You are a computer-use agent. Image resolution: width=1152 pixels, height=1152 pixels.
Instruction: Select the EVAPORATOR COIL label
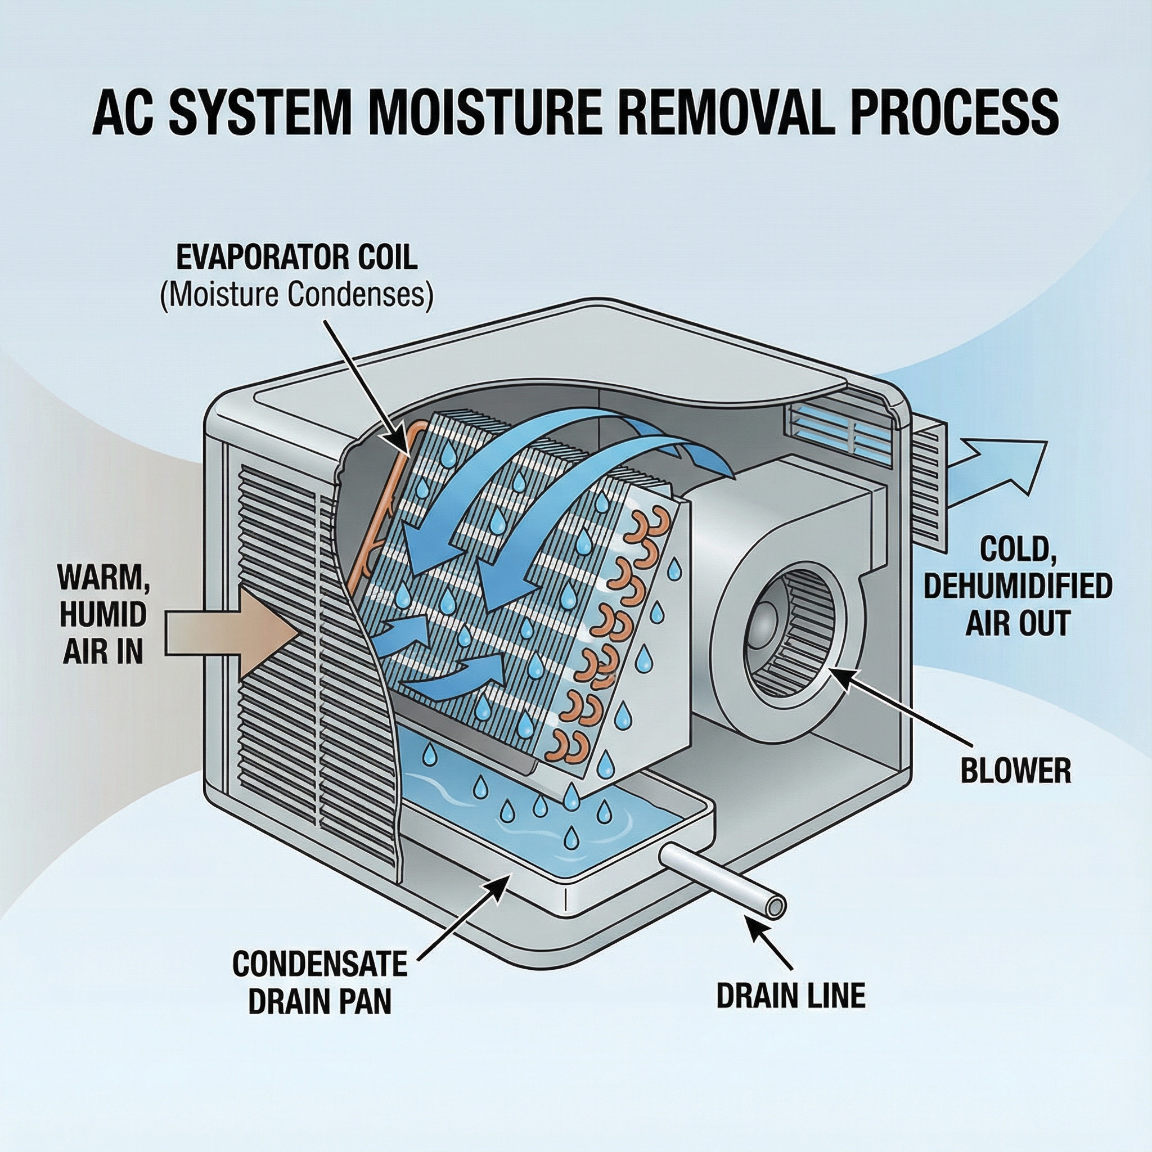click(x=297, y=258)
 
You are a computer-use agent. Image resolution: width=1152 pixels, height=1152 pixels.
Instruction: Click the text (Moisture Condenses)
click(x=296, y=295)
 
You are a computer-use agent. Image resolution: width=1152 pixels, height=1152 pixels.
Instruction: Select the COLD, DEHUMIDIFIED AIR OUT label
click(x=1017, y=587)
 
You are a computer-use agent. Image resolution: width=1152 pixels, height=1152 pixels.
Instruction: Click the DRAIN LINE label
click(x=791, y=996)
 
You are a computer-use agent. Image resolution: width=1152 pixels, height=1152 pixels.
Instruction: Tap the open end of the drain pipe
click(x=775, y=908)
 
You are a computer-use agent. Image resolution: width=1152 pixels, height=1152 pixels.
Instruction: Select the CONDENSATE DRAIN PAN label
click(x=319, y=982)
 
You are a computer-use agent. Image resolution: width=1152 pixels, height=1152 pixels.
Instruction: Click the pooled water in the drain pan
click(x=525, y=835)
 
